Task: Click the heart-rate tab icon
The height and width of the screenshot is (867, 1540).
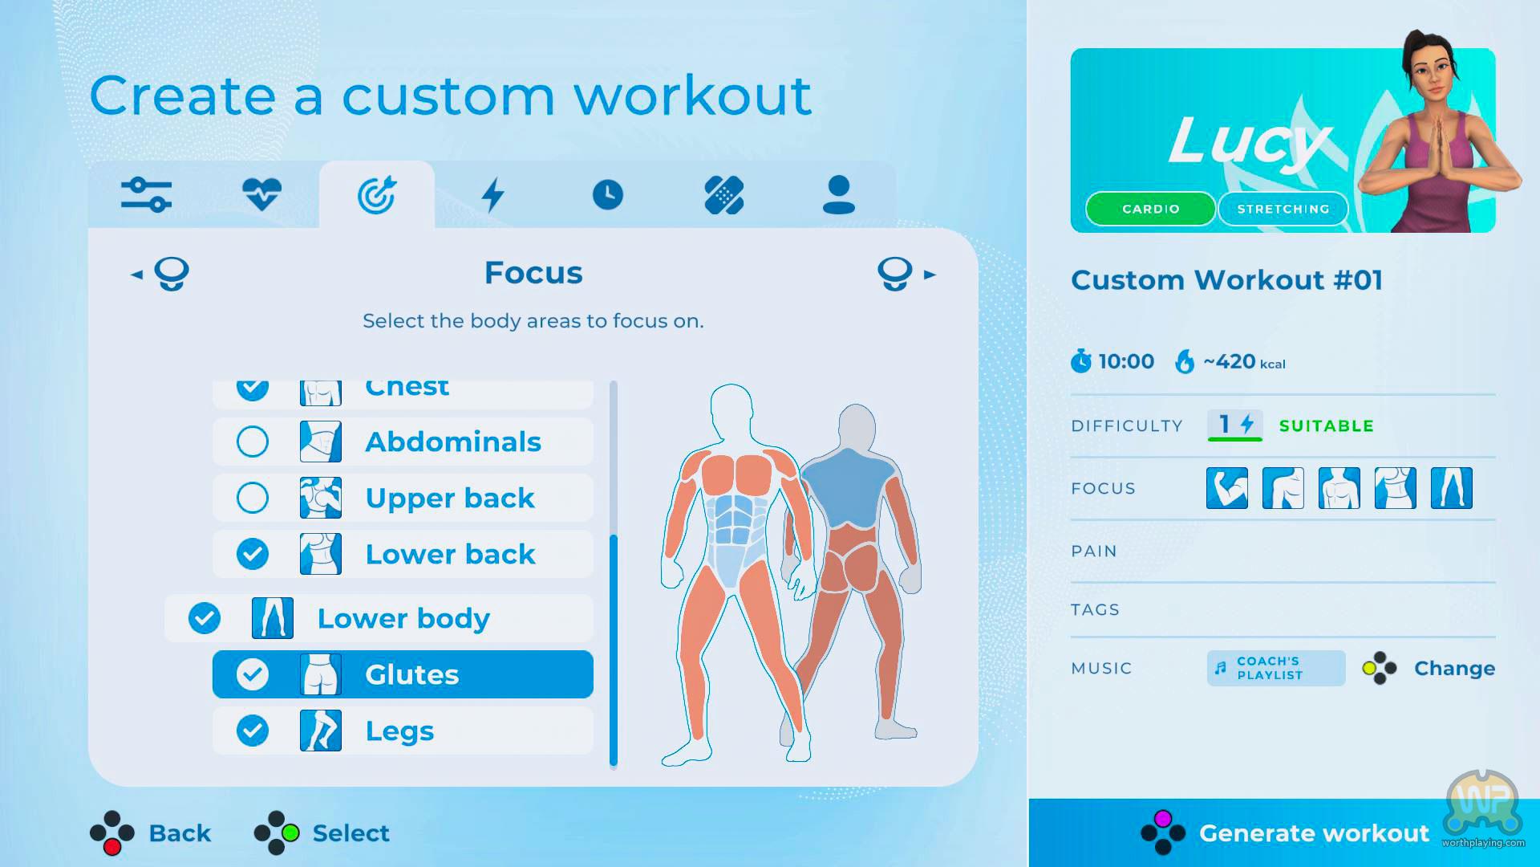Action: (x=261, y=194)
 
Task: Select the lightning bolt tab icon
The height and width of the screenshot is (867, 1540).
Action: (x=492, y=194)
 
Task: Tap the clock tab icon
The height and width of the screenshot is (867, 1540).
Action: (x=608, y=195)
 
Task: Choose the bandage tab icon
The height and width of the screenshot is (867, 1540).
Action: (x=723, y=195)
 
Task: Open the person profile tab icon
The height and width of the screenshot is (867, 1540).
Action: (x=839, y=195)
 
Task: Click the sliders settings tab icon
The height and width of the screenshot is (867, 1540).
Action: (x=146, y=195)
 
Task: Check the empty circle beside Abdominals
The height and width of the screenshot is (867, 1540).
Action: (x=253, y=442)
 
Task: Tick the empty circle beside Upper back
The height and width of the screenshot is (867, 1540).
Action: (x=253, y=498)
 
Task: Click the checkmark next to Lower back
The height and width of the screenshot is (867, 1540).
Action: (x=253, y=554)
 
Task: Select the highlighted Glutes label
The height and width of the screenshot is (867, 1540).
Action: (x=411, y=674)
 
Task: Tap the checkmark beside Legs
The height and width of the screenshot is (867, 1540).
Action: (x=253, y=731)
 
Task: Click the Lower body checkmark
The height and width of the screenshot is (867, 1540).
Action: (x=205, y=618)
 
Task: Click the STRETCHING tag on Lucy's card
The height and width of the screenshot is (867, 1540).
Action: (x=1283, y=209)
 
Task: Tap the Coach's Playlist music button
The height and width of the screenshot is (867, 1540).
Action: (x=1276, y=668)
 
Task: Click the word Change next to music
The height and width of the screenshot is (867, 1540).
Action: (x=1454, y=668)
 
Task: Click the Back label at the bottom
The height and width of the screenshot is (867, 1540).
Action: (x=180, y=833)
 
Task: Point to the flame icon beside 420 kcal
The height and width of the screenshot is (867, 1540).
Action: (x=1185, y=362)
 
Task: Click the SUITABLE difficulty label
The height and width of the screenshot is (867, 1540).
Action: (x=1326, y=426)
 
